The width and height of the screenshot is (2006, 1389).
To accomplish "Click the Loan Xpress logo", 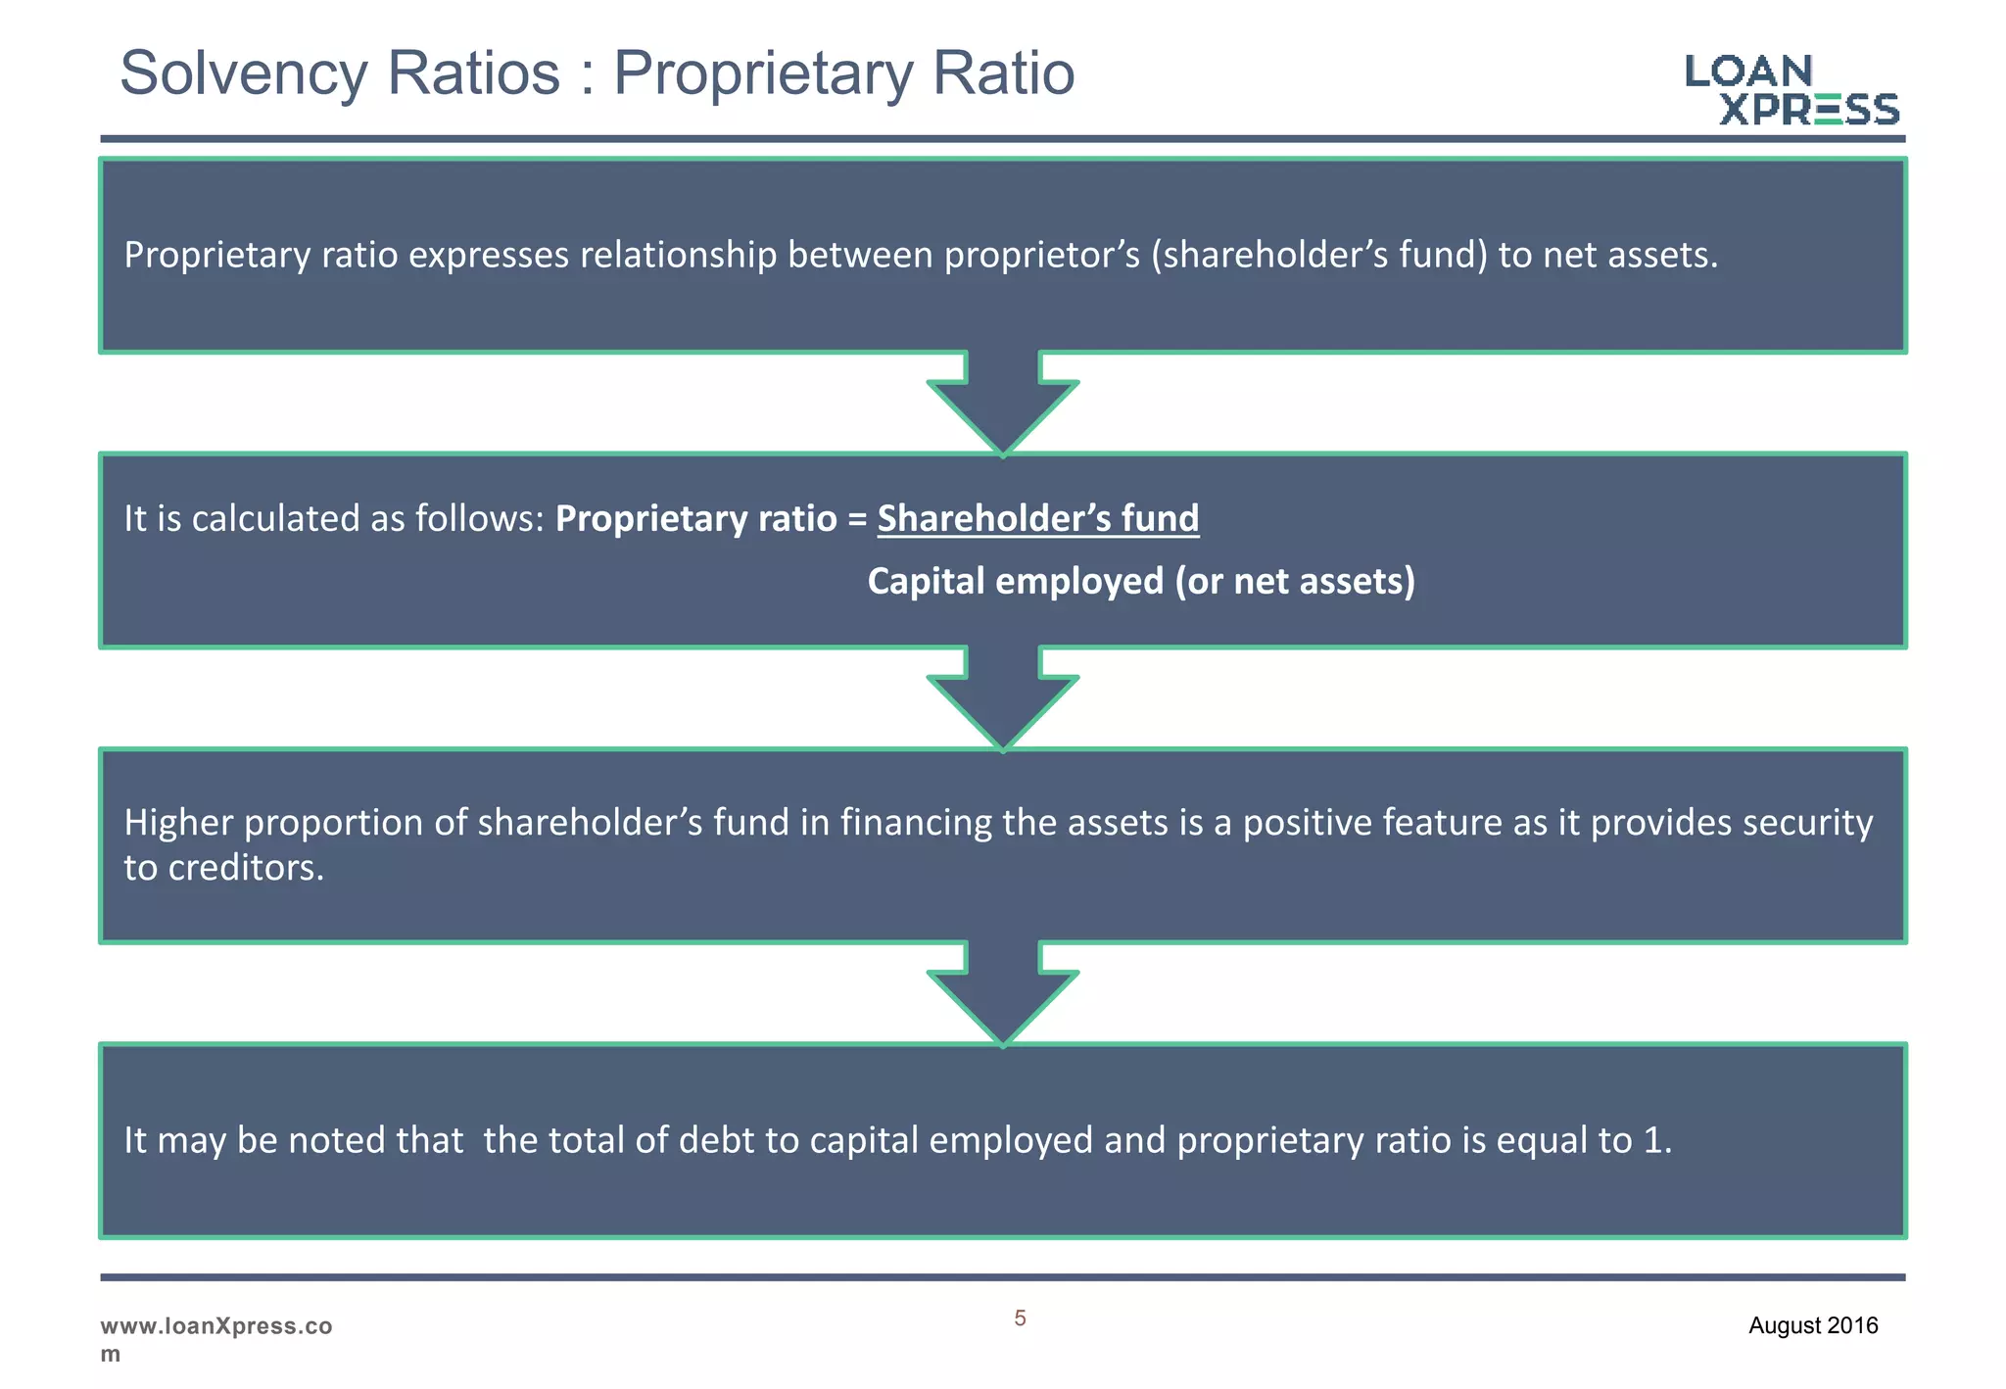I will click(1791, 90).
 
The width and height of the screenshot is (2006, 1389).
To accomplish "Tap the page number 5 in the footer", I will click(1020, 1318).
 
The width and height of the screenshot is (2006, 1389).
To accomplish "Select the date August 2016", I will click(1813, 1326).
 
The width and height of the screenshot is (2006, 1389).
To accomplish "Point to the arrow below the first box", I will click(1003, 403).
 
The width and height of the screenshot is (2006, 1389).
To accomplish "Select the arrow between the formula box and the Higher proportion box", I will click(1003, 697).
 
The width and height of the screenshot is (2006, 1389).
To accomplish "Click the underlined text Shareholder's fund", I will click(1037, 518).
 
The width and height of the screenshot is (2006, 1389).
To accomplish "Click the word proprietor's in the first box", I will click(1042, 256).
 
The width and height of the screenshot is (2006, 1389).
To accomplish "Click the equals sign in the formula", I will click(857, 519).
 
